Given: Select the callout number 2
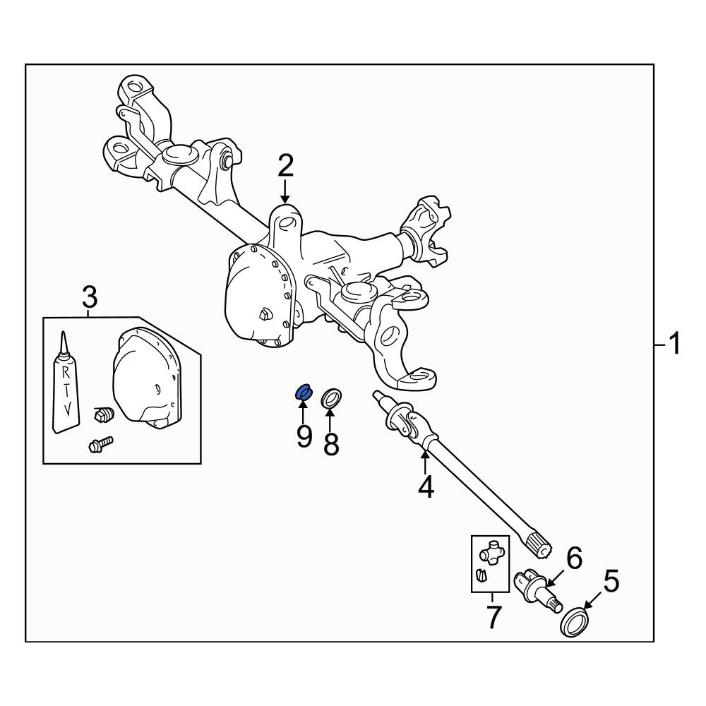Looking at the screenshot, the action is pyautogui.click(x=286, y=165).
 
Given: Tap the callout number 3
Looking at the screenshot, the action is pyautogui.click(x=89, y=297).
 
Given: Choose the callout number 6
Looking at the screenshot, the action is pyautogui.click(x=574, y=558).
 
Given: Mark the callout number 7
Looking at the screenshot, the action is pyautogui.click(x=493, y=617).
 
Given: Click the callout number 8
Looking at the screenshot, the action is pyautogui.click(x=331, y=443).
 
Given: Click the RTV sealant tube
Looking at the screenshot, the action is pyautogui.click(x=65, y=383).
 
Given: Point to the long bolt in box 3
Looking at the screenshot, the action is pyautogui.click(x=101, y=445).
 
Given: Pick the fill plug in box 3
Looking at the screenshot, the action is pyautogui.click(x=103, y=413).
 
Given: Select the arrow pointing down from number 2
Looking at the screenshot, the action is pyautogui.click(x=285, y=191).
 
